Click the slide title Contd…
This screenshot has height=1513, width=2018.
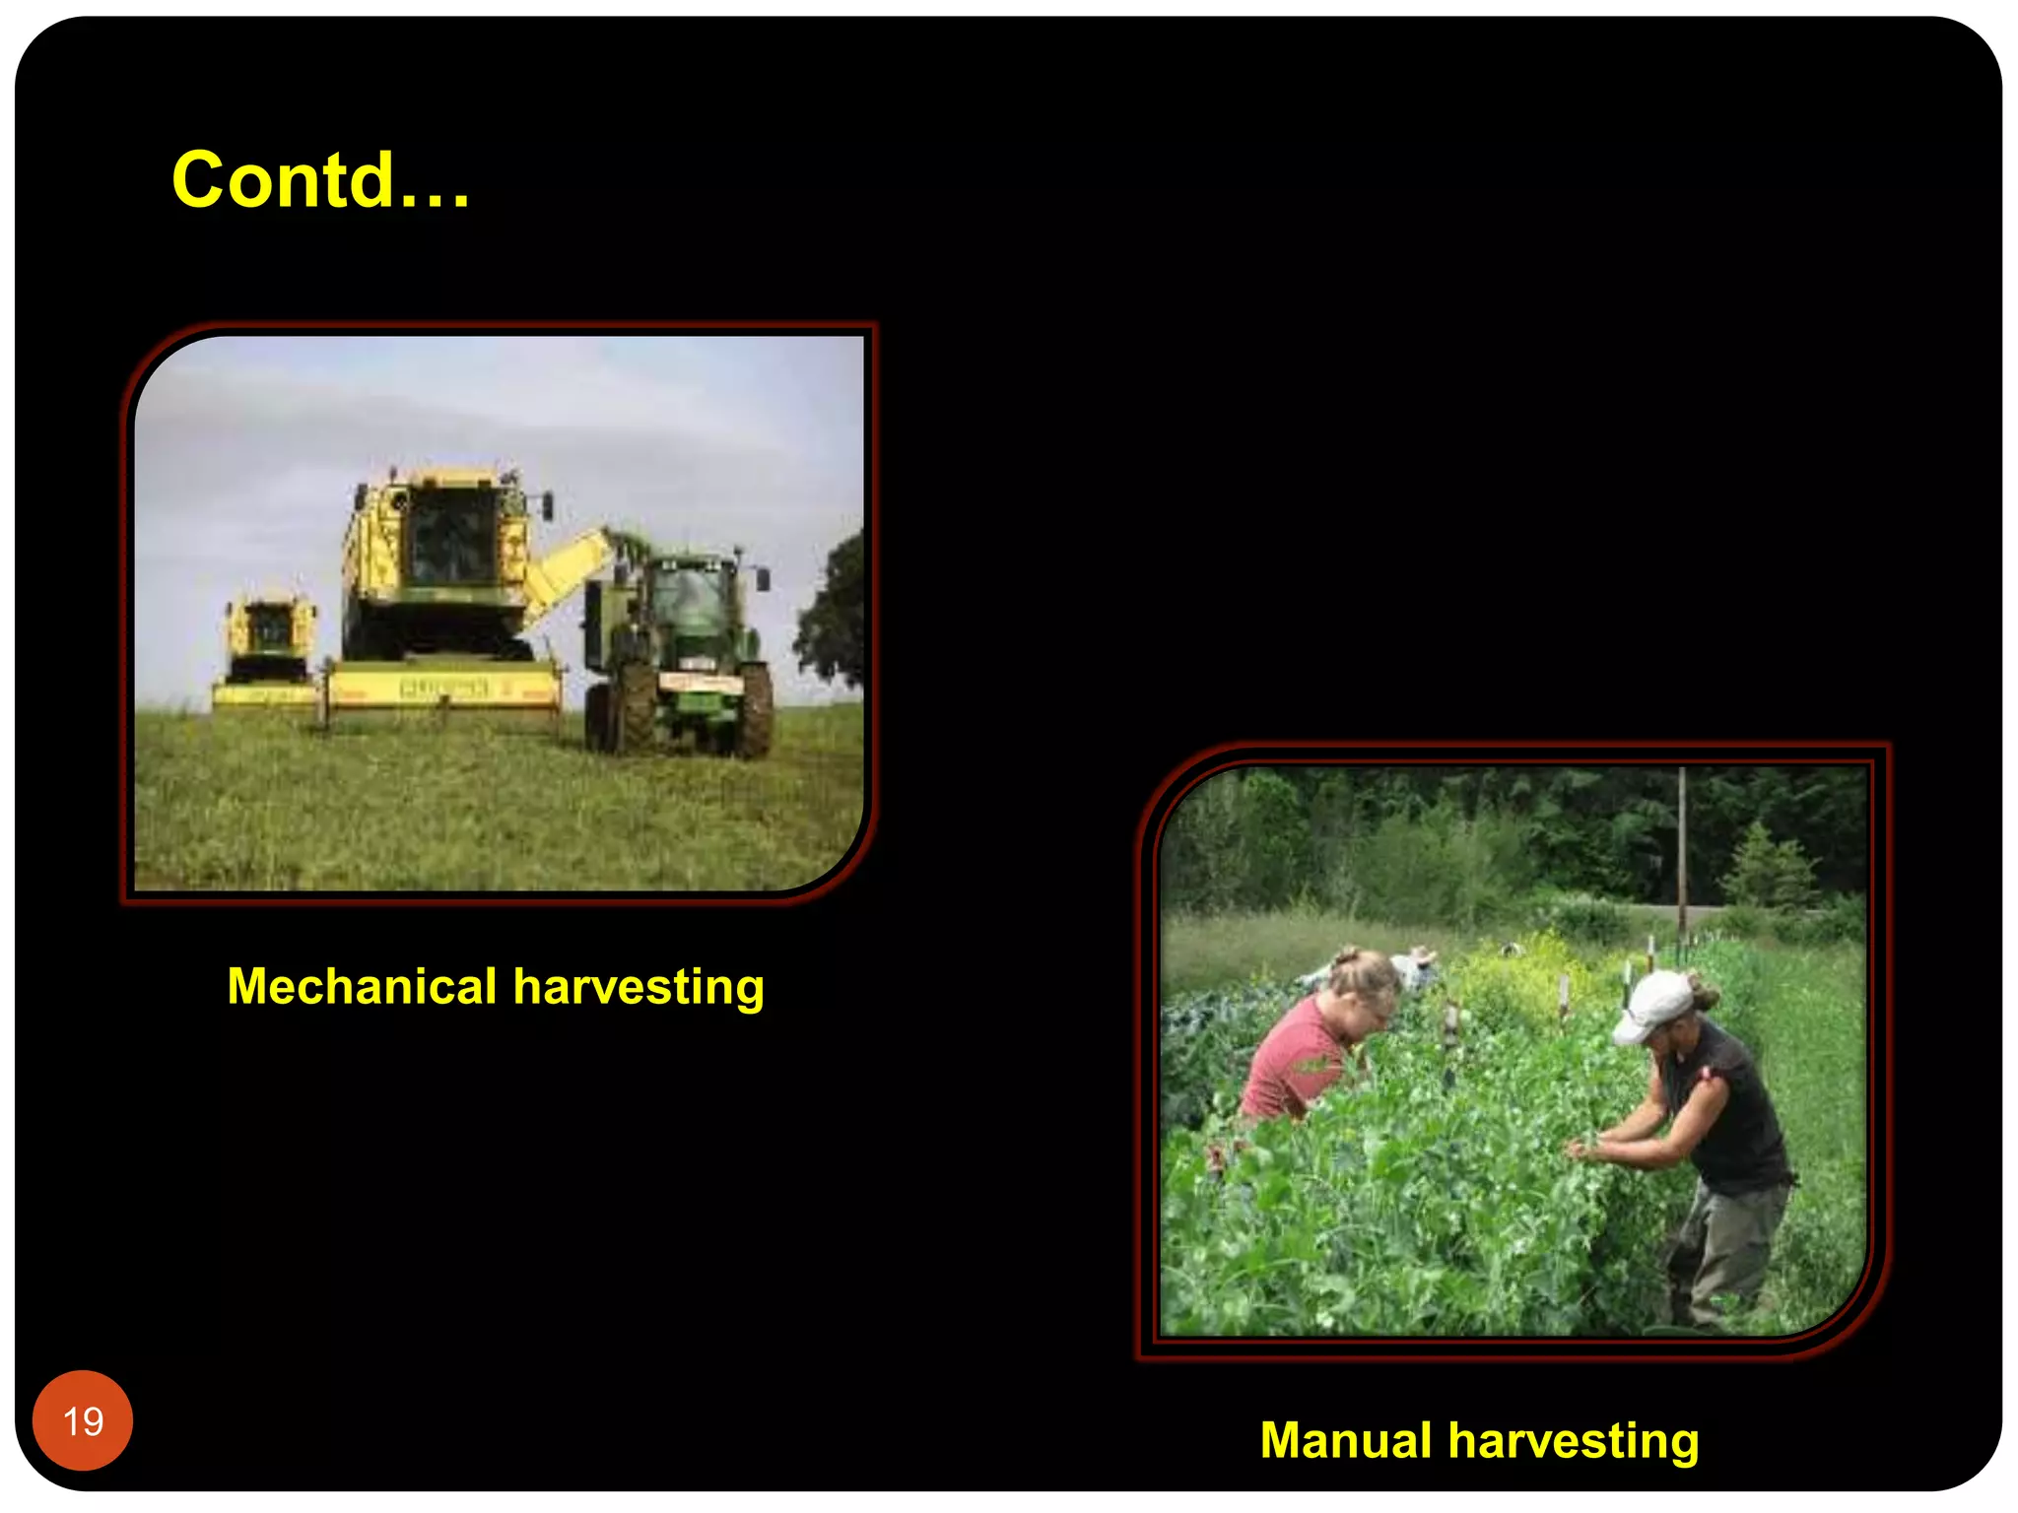(321, 180)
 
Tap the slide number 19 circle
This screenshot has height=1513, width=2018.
(83, 1420)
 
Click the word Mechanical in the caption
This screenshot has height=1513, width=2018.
(362, 986)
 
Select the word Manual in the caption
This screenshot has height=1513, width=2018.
(1345, 1440)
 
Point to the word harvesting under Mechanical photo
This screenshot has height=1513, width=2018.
(639, 986)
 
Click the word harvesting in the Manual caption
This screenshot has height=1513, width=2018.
(1574, 1440)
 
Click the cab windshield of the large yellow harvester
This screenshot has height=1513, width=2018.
(453, 537)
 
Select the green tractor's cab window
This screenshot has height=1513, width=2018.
(690, 601)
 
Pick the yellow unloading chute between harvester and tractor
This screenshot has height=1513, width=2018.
(567, 571)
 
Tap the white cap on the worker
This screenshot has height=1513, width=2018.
(1652, 1005)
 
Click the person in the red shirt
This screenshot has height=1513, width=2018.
(1301, 1054)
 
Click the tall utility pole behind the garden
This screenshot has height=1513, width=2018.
(1682, 847)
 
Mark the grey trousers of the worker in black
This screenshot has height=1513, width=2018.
(1724, 1251)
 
